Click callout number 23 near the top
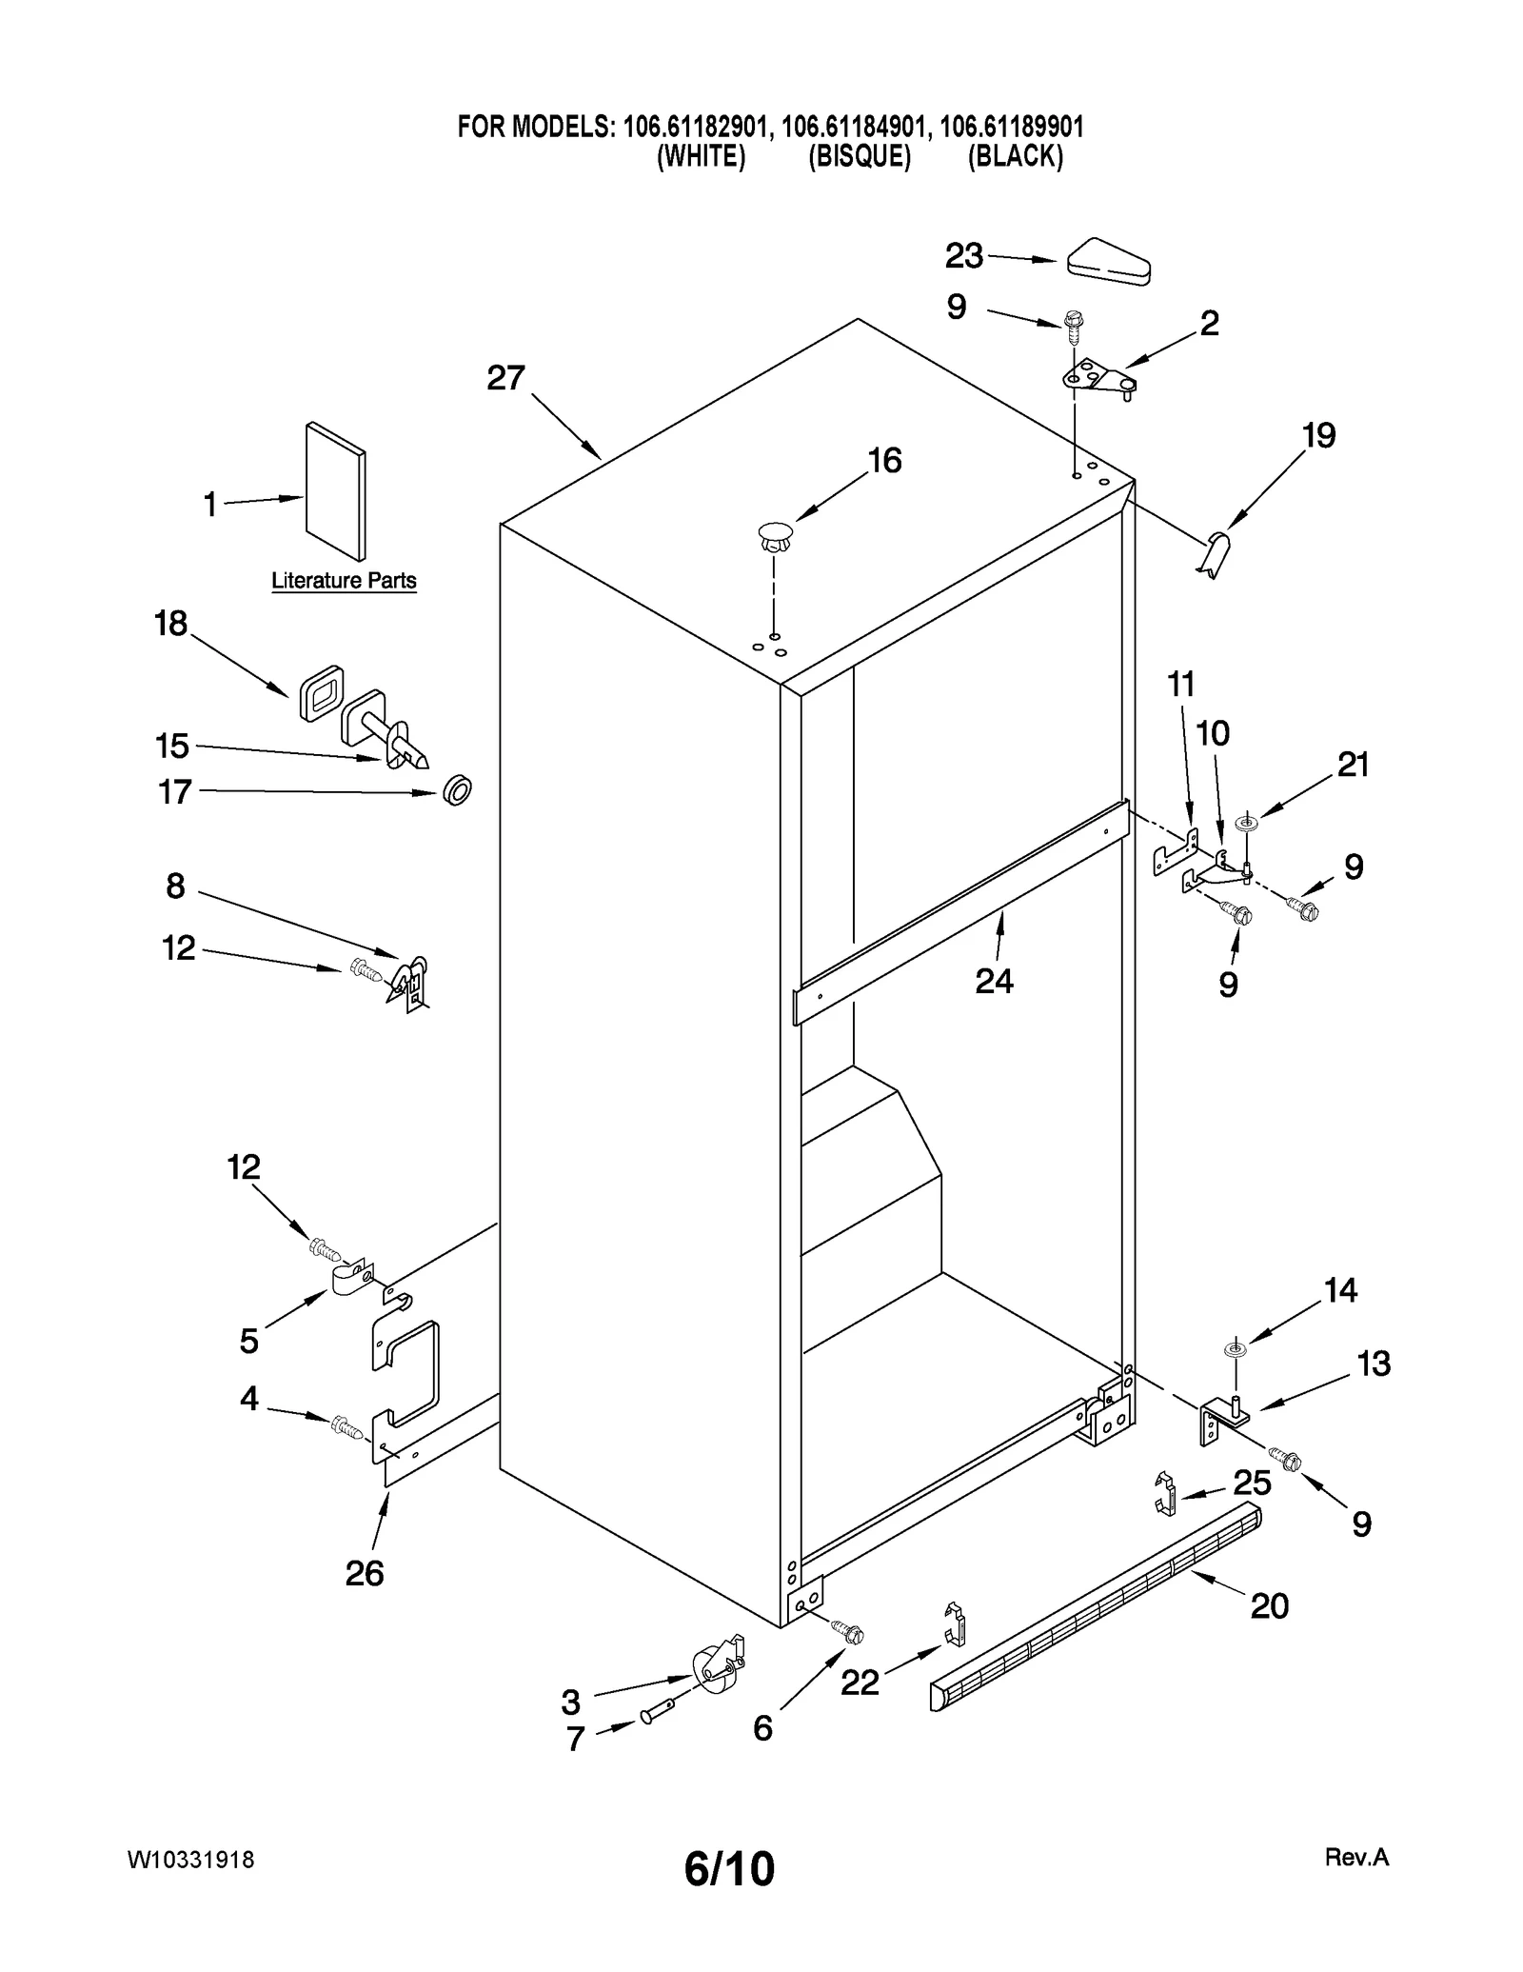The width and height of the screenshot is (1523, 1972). (x=963, y=255)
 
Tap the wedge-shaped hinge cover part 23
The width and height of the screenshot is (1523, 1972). (x=1109, y=261)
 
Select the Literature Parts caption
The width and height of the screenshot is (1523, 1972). (x=344, y=580)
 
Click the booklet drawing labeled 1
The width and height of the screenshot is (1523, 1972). (x=335, y=490)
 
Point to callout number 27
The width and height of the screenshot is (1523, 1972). (x=505, y=378)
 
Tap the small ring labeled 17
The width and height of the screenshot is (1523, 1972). (x=458, y=789)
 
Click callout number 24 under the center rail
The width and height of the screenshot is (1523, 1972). (x=994, y=980)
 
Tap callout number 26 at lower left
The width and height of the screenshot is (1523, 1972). (x=365, y=1573)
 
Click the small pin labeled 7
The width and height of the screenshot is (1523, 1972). (x=660, y=1711)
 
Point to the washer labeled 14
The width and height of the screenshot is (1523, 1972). (x=1235, y=1349)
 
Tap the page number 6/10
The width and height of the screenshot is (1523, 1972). (x=729, y=1868)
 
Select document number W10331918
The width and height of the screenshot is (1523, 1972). (x=190, y=1860)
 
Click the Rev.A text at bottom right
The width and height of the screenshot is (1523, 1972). (x=1356, y=1857)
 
